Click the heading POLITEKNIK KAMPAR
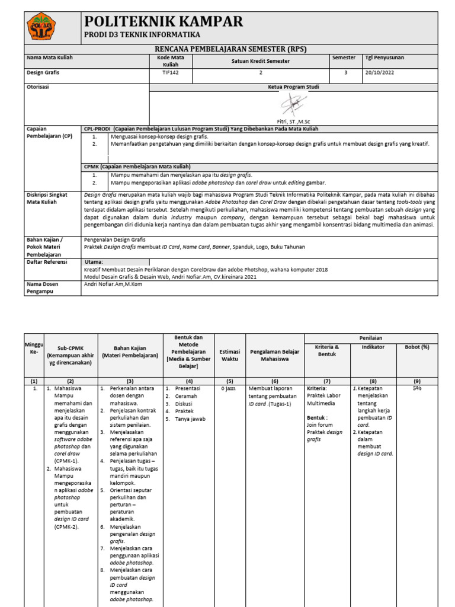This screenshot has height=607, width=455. tap(164, 21)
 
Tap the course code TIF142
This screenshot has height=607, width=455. tap(171, 73)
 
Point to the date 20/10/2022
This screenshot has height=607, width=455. tap(379, 73)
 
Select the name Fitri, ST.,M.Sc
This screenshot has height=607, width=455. tap(293, 120)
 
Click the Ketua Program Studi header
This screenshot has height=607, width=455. tap(293, 87)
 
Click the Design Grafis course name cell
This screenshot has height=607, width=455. tap(44, 73)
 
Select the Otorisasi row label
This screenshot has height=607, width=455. tap(39, 87)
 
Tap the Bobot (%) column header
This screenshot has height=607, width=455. tap(416, 347)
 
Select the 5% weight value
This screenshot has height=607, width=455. tap(416, 388)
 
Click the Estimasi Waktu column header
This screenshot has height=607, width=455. tap(229, 355)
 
